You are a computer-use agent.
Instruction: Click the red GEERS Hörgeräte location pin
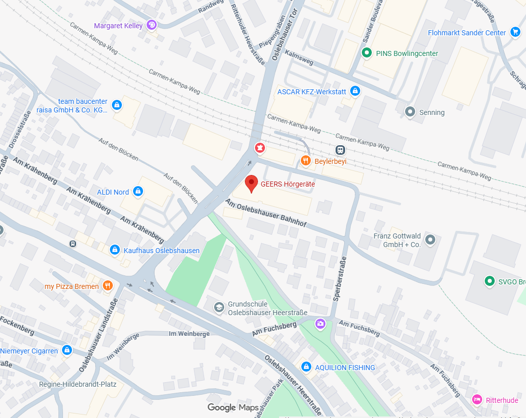click(x=251, y=184)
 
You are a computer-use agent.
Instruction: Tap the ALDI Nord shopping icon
click(x=138, y=192)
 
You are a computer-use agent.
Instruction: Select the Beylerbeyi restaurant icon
click(x=305, y=161)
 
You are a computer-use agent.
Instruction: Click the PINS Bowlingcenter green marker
click(x=367, y=53)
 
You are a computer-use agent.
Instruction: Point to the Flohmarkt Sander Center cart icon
click(x=515, y=32)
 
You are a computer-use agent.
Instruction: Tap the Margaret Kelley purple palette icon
click(x=152, y=25)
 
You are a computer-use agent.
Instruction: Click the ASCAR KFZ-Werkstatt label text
click(x=312, y=91)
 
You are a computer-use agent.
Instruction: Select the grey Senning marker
click(x=410, y=112)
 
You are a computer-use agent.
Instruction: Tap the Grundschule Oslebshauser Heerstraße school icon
click(x=219, y=307)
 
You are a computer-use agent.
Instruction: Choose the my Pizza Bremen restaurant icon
click(x=107, y=286)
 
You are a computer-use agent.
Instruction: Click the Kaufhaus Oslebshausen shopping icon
click(x=115, y=250)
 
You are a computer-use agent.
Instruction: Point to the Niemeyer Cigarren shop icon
click(x=67, y=350)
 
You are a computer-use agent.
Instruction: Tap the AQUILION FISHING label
click(x=345, y=368)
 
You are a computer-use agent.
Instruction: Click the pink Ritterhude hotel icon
click(x=477, y=400)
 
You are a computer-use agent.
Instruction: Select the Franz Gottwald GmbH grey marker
click(x=430, y=240)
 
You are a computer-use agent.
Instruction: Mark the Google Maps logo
click(x=233, y=407)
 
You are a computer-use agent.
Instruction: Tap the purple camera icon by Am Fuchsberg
click(x=320, y=323)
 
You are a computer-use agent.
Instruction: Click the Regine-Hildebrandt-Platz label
click(x=78, y=384)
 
